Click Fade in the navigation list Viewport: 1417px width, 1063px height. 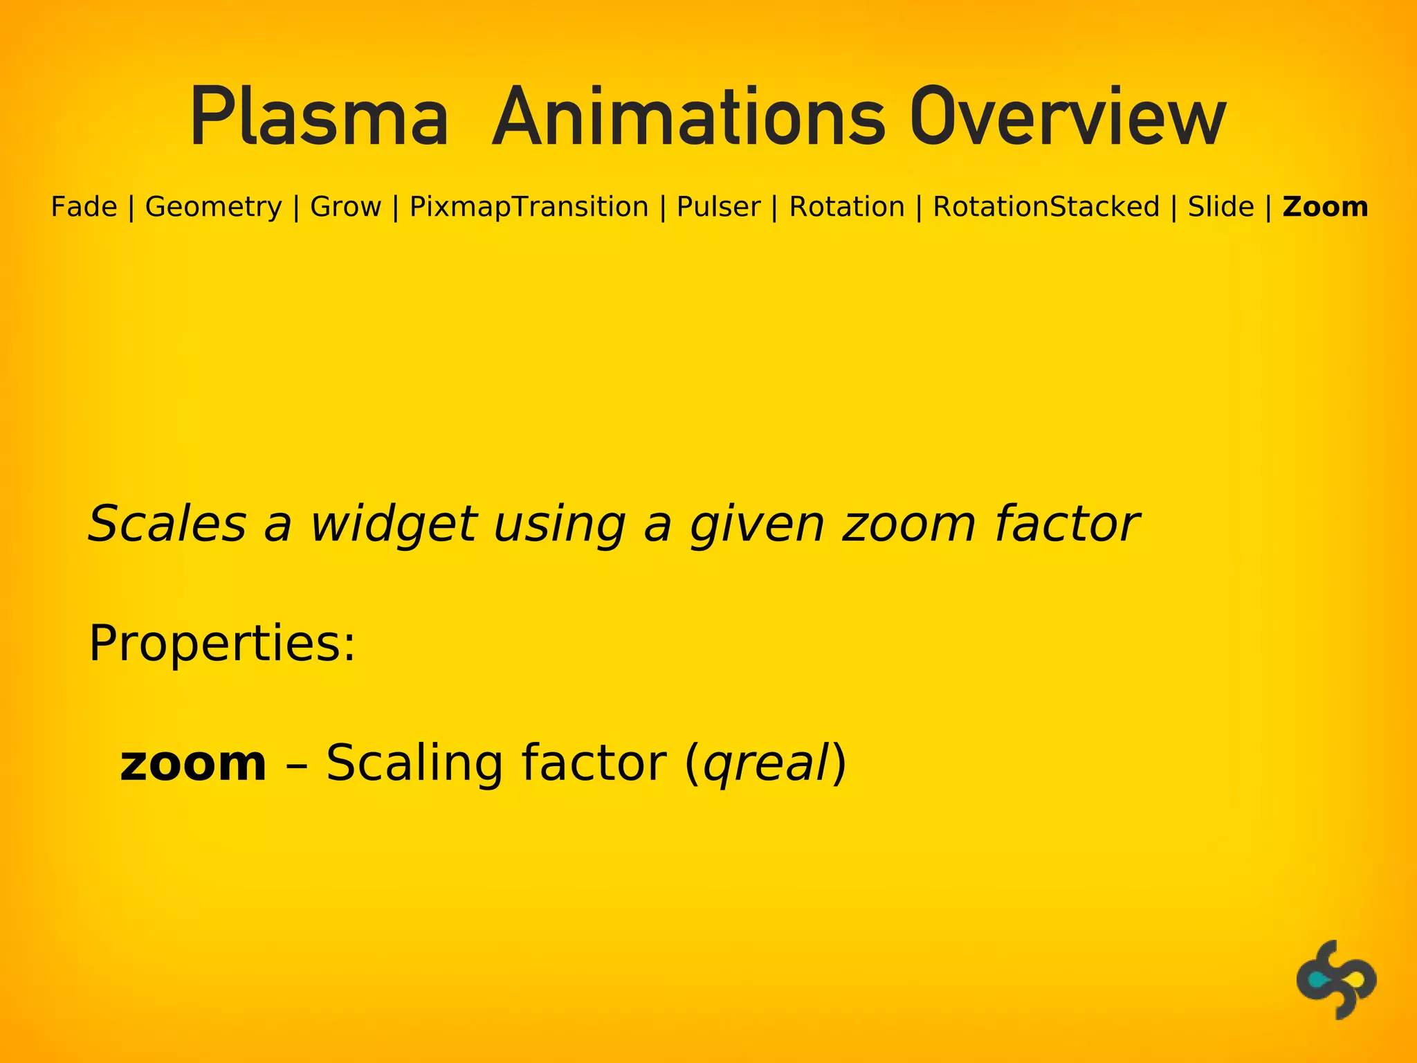coord(84,207)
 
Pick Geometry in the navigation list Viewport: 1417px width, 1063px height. coord(213,207)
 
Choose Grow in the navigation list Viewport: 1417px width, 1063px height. coord(345,207)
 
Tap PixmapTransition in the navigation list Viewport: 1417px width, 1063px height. coord(529,207)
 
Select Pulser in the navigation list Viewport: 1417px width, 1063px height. coord(718,207)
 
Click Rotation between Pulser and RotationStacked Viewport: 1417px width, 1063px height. coord(847,207)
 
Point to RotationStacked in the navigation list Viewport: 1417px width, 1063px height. coord(1046,207)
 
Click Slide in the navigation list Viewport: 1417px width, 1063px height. coord(1221,207)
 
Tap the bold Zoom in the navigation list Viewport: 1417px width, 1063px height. coord(1325,207)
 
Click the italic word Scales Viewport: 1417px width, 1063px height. coord(167,524)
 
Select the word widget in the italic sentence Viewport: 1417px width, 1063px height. coord(393,524)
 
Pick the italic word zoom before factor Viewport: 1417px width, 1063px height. coord(908,524)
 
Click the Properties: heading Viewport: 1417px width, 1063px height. coord(222,644)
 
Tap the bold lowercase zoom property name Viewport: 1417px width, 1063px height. coord(193,763)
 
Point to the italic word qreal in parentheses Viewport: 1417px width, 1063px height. coord(765,765)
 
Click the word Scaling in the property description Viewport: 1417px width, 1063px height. coord(414,763)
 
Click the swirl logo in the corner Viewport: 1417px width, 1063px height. coord(1335,979)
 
